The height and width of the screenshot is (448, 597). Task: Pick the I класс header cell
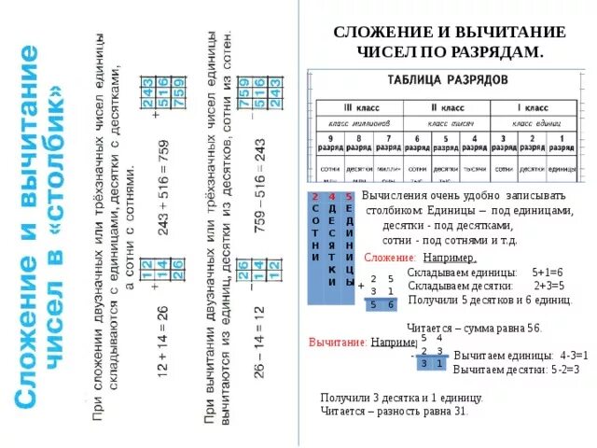[533, 107]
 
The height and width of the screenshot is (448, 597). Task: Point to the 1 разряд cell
[562, 143]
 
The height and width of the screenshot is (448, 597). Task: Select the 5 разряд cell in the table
[445, 143]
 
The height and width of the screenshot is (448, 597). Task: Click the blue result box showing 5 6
[381, 304]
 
